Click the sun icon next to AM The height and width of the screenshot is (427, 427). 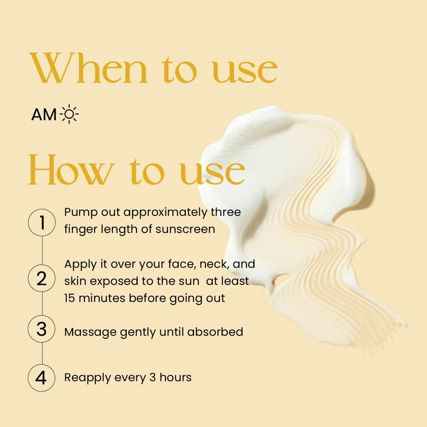(x=69, y=114)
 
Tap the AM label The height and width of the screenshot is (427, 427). (x=44, y=115)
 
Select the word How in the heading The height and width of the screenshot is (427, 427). (x=72, y=169)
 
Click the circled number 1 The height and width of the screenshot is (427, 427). (x=42, y=222)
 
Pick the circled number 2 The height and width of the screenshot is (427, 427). (x=42, y=278)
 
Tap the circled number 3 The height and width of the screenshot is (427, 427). (x=42, y=329)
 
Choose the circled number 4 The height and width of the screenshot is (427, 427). (x=42, y=378)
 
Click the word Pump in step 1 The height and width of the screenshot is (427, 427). (x=81, y=212)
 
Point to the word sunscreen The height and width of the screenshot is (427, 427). (x=185, y=229)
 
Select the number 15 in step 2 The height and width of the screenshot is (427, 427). (x=70, y=298)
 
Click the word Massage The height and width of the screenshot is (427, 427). (x=91, y=332)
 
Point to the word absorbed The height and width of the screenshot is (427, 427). (x=215, y=332)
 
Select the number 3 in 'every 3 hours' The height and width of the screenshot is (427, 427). (x=152, y=377)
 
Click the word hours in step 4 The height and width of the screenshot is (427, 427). (x=176, y=377)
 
